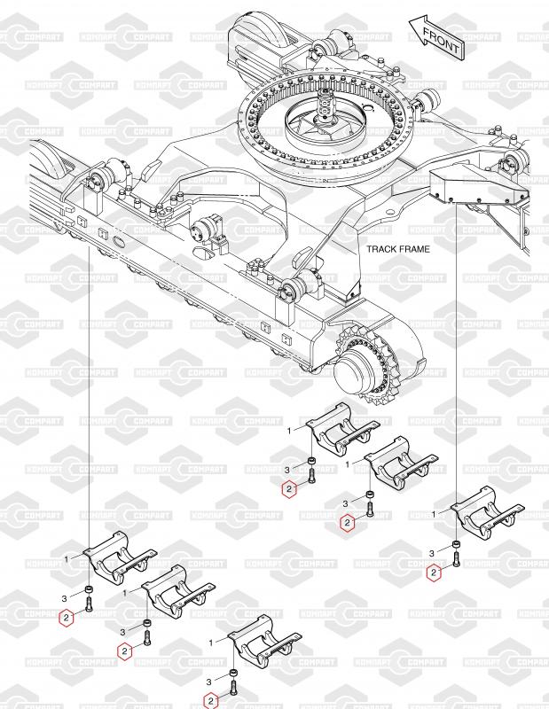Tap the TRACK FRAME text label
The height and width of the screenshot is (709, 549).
(398, 249)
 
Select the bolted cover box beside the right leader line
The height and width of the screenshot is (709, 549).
(478, 186)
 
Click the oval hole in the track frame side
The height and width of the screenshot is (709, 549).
(120, 241)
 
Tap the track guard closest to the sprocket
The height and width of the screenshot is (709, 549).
(342, 427)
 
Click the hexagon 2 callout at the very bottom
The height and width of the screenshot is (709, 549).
(210, 701)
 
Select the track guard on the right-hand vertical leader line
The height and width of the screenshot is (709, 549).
(488, 511)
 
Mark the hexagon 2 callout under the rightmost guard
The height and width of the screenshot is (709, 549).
(434, 573)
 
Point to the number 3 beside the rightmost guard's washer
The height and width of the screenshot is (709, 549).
(431, 553)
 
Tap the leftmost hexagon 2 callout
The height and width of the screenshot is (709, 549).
(67, 618)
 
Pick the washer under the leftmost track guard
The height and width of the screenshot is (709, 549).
(89, 589)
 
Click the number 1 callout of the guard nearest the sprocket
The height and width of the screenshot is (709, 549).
(290, 431)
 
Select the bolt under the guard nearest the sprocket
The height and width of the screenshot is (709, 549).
(311, 476)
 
